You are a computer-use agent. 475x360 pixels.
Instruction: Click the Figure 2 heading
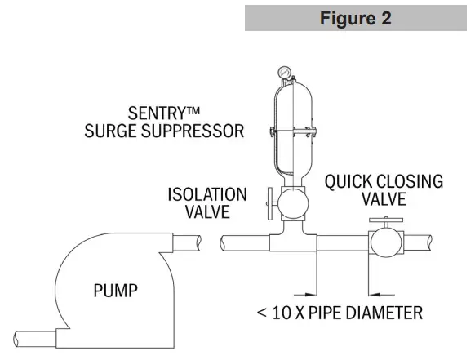(355, 18)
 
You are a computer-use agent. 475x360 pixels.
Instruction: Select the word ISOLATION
(207, 194)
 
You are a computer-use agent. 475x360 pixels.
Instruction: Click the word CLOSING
(411, 181)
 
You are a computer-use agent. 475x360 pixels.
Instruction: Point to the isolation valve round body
(290, 201)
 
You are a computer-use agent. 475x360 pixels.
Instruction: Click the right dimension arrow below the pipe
(375, 287)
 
